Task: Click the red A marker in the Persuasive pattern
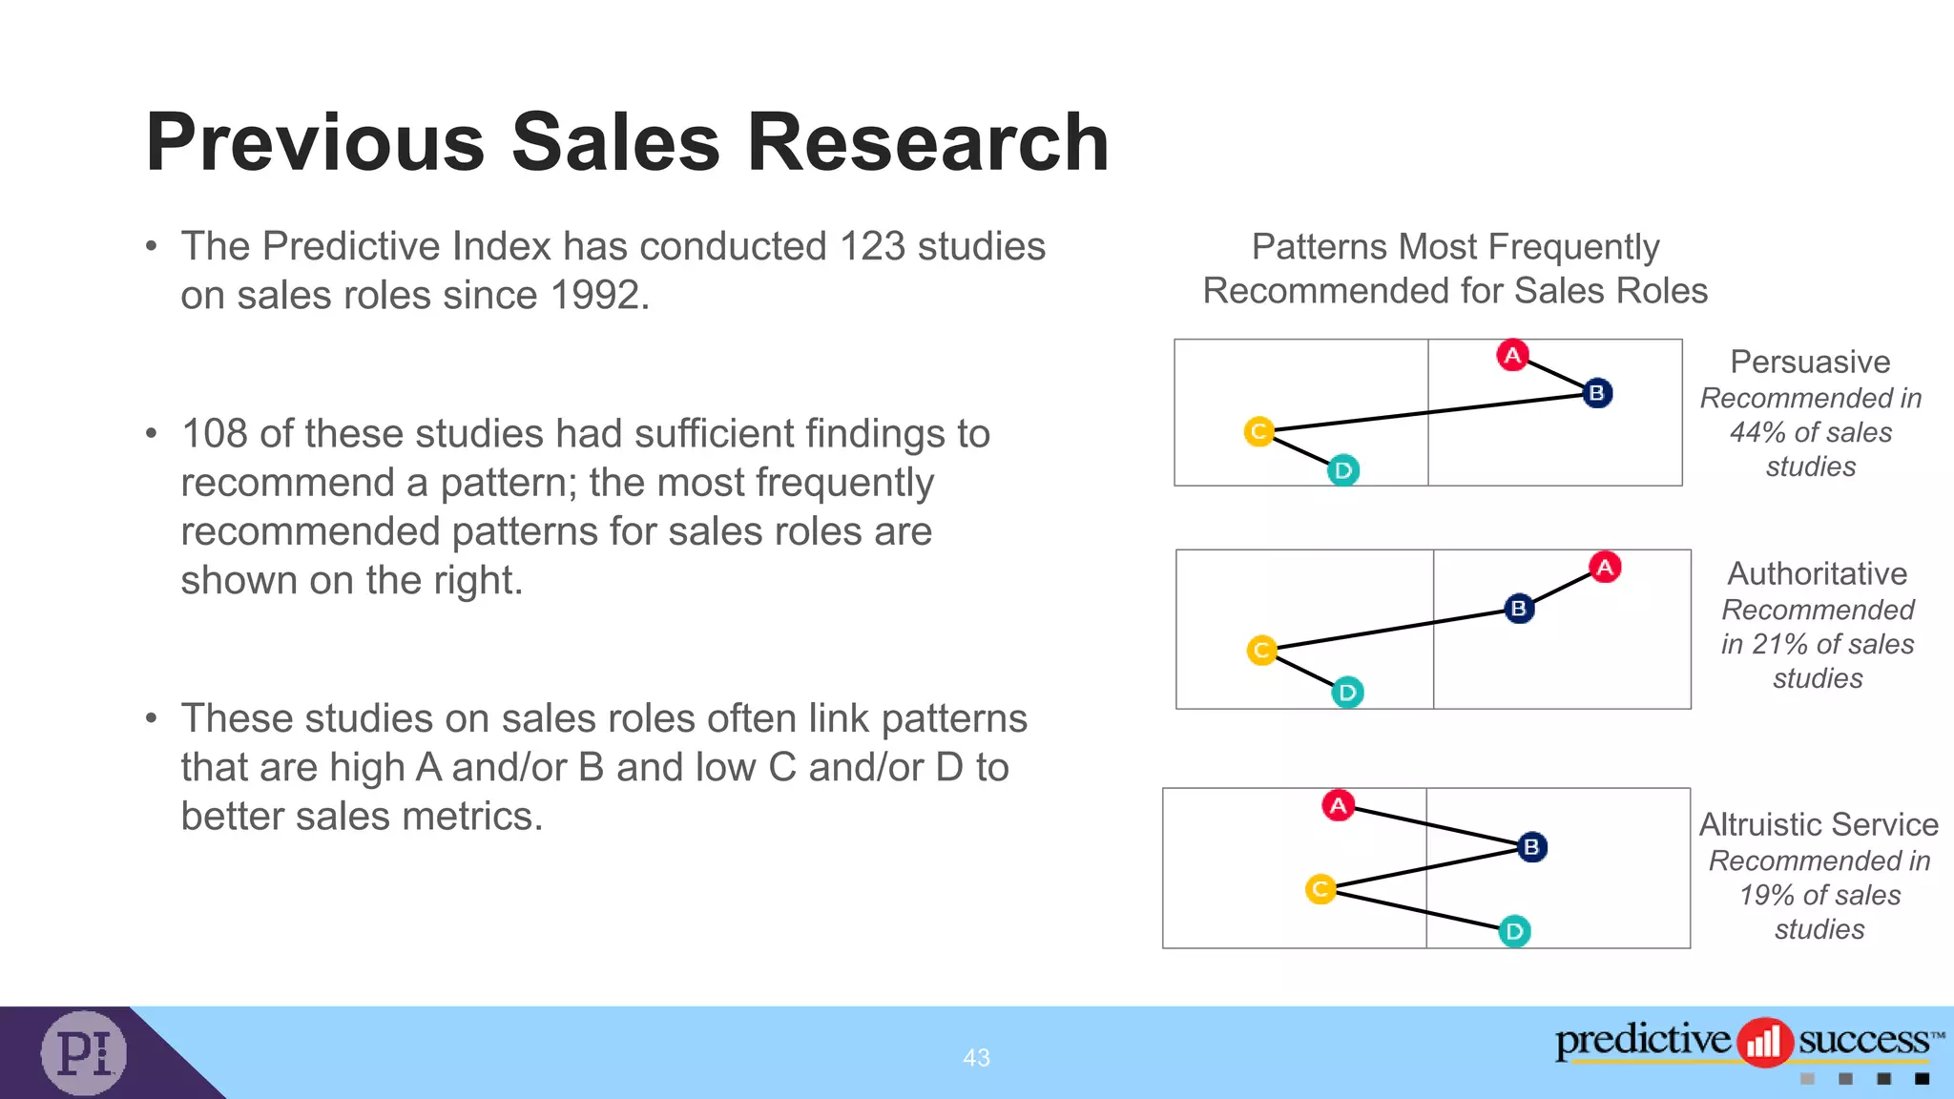1512,356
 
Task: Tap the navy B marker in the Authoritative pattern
1519,608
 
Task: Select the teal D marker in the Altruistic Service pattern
1514,931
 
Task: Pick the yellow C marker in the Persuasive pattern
1258,431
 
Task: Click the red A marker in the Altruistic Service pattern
1339,805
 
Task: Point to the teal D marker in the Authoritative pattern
1347,692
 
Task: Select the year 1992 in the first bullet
594,295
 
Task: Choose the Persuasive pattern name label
1810,362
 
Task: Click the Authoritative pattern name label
1817,573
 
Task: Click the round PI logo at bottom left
84,1052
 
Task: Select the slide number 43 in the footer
976,1057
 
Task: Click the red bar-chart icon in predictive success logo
1763,1042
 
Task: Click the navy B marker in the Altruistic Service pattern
1531,846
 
